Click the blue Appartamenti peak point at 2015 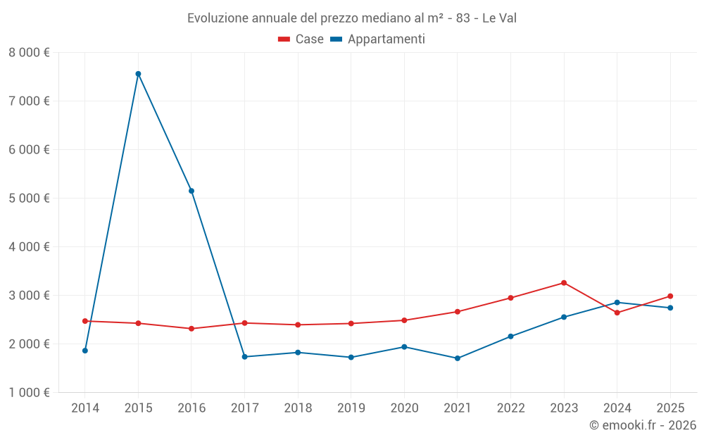138,74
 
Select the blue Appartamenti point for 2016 191,191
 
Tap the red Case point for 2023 564,283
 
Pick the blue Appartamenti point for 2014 85,351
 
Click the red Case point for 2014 85,321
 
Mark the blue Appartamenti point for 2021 458,358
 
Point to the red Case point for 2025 670,296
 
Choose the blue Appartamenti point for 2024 617,303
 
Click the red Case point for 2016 191,329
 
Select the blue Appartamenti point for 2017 244,357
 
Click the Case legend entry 301,39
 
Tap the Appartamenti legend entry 378,39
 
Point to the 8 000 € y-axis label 29,53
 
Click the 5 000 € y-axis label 29,199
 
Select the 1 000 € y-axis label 29,393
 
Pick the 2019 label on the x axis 351,408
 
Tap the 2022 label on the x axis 510,408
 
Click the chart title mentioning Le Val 352,18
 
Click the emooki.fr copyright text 643,425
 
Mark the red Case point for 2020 404,320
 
